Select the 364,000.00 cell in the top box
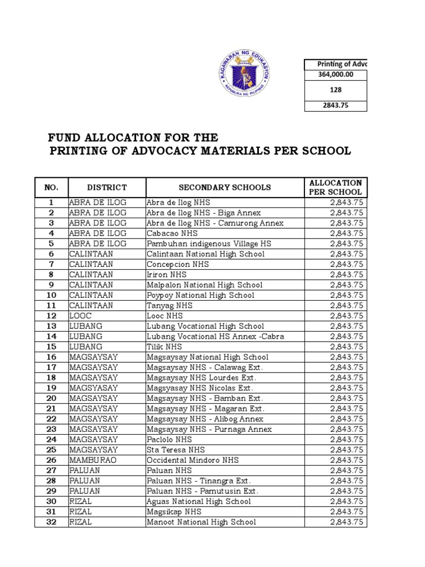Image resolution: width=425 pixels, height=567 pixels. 335,74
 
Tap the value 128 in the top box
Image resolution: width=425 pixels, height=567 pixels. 335,89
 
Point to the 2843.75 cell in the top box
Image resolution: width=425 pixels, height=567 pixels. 335,105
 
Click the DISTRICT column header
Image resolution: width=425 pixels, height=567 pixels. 107,188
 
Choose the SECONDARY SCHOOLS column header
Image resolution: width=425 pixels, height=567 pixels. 225,188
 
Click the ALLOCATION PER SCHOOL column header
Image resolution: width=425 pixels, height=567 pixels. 335,188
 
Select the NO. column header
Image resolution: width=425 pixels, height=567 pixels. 51,188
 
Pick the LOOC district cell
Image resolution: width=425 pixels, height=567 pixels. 81,316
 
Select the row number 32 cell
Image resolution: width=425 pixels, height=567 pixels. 51,522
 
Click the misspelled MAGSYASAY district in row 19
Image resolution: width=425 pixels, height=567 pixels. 93,388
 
